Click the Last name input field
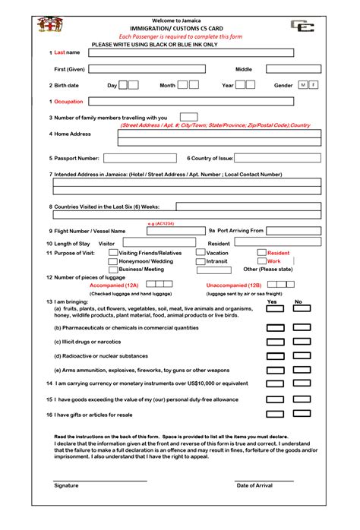(191, 52)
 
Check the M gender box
(303, 85)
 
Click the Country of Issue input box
(277, 159)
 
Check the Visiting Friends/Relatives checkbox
(113, 253)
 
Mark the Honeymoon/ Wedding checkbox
(113, 261)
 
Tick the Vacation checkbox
(201, 253)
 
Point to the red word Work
(273, 261)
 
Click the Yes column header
(272, 301)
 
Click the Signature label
(66, 485)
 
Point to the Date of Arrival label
(255, 485)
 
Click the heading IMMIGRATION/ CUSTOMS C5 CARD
(179, 27)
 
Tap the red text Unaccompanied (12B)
(233, 286)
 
